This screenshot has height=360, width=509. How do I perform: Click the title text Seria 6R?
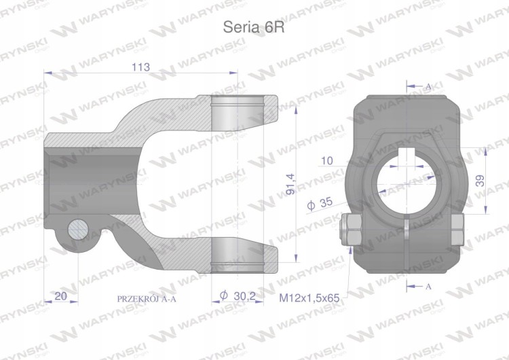[254, 27]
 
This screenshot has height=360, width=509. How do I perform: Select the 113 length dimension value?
[141, 67]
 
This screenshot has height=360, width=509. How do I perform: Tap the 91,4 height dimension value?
[291, 184]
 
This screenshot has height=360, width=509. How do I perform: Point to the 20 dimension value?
[60, 295]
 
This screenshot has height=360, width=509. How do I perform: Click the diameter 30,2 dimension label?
[238, 295]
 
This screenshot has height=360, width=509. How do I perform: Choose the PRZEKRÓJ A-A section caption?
[147, 299]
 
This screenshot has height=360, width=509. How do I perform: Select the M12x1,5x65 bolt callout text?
[309, 298]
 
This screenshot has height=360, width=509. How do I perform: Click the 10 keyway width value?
[326, 160]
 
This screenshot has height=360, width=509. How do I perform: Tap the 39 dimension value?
[480, 181]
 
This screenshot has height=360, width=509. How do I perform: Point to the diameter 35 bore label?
[320, 203]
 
